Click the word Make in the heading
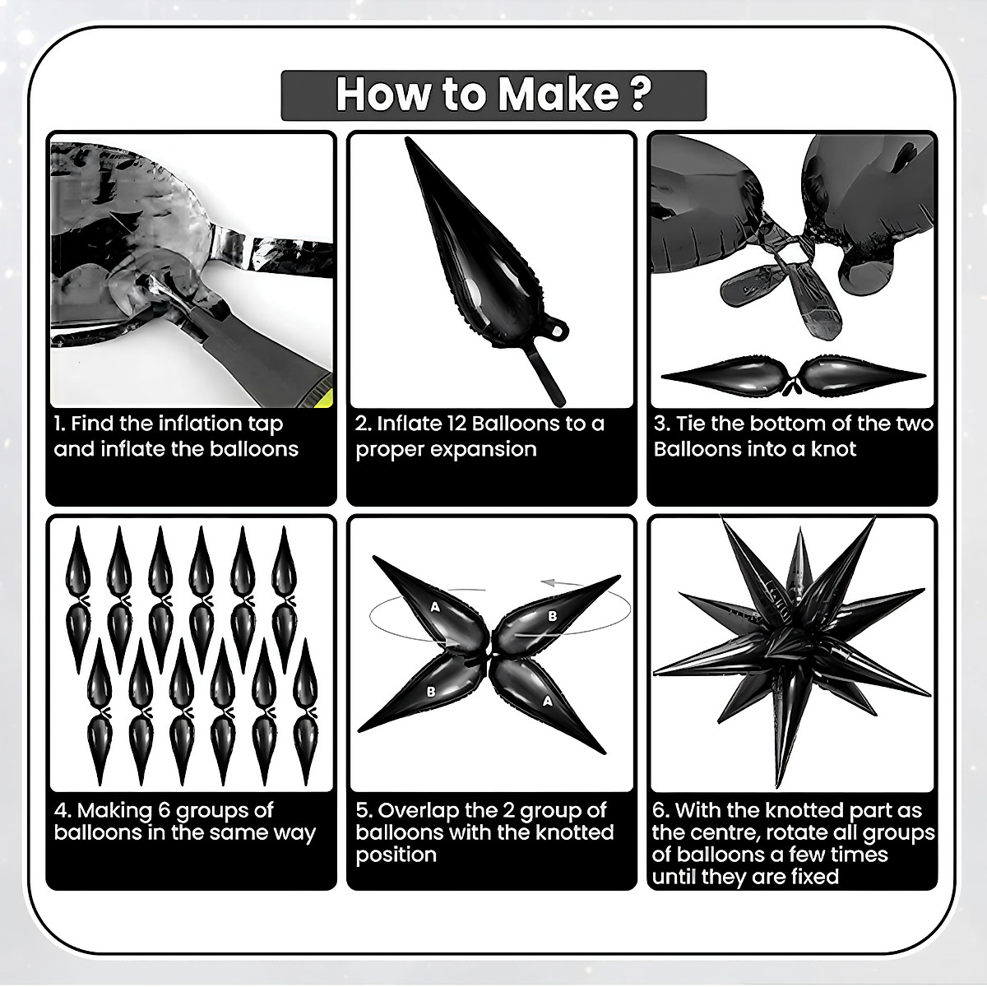point(558,95)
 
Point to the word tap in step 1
point(266,424)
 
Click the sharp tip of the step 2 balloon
point(408,138)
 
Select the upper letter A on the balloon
point(435,607)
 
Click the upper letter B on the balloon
point(552,616)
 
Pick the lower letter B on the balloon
point(431,692)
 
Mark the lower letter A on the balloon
point(548,702)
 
